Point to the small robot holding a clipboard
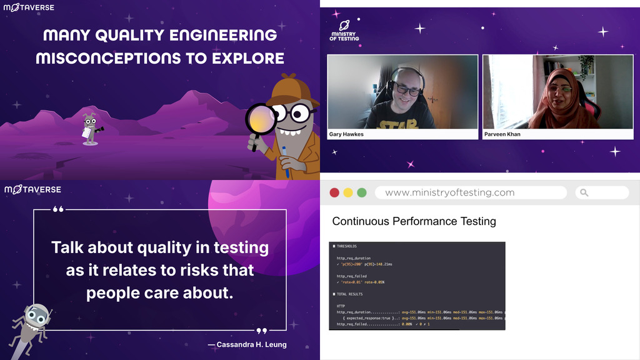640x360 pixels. (91, 129)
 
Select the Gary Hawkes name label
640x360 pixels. (347, 134)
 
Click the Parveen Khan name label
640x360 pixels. (502, 134)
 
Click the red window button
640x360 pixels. (334, 192)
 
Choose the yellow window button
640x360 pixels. (348, 192)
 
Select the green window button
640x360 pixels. (362, 192)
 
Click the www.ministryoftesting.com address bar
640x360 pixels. (450, 192)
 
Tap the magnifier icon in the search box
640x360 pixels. (584, 192)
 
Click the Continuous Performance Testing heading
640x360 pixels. (414, 221)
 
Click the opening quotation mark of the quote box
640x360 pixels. (58, 209)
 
